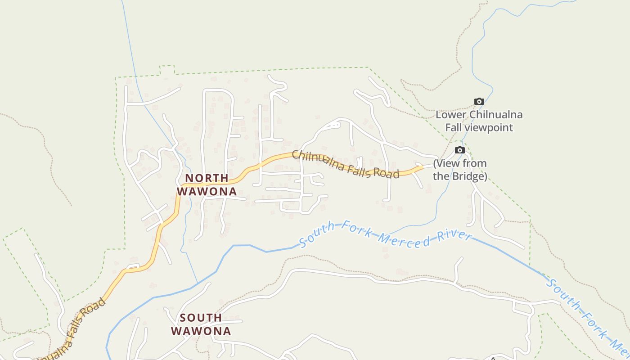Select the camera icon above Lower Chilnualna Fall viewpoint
click(479, 102)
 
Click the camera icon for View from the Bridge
click(459, 150)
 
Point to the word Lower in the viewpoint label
click(450, 115)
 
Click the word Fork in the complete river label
click(351, 227)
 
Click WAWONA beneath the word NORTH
click(207, 191)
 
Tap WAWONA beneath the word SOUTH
click(201, 331)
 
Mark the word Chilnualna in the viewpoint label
click(494, 115)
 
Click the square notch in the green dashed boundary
click(167, 70)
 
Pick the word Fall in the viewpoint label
click(454, 127)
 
